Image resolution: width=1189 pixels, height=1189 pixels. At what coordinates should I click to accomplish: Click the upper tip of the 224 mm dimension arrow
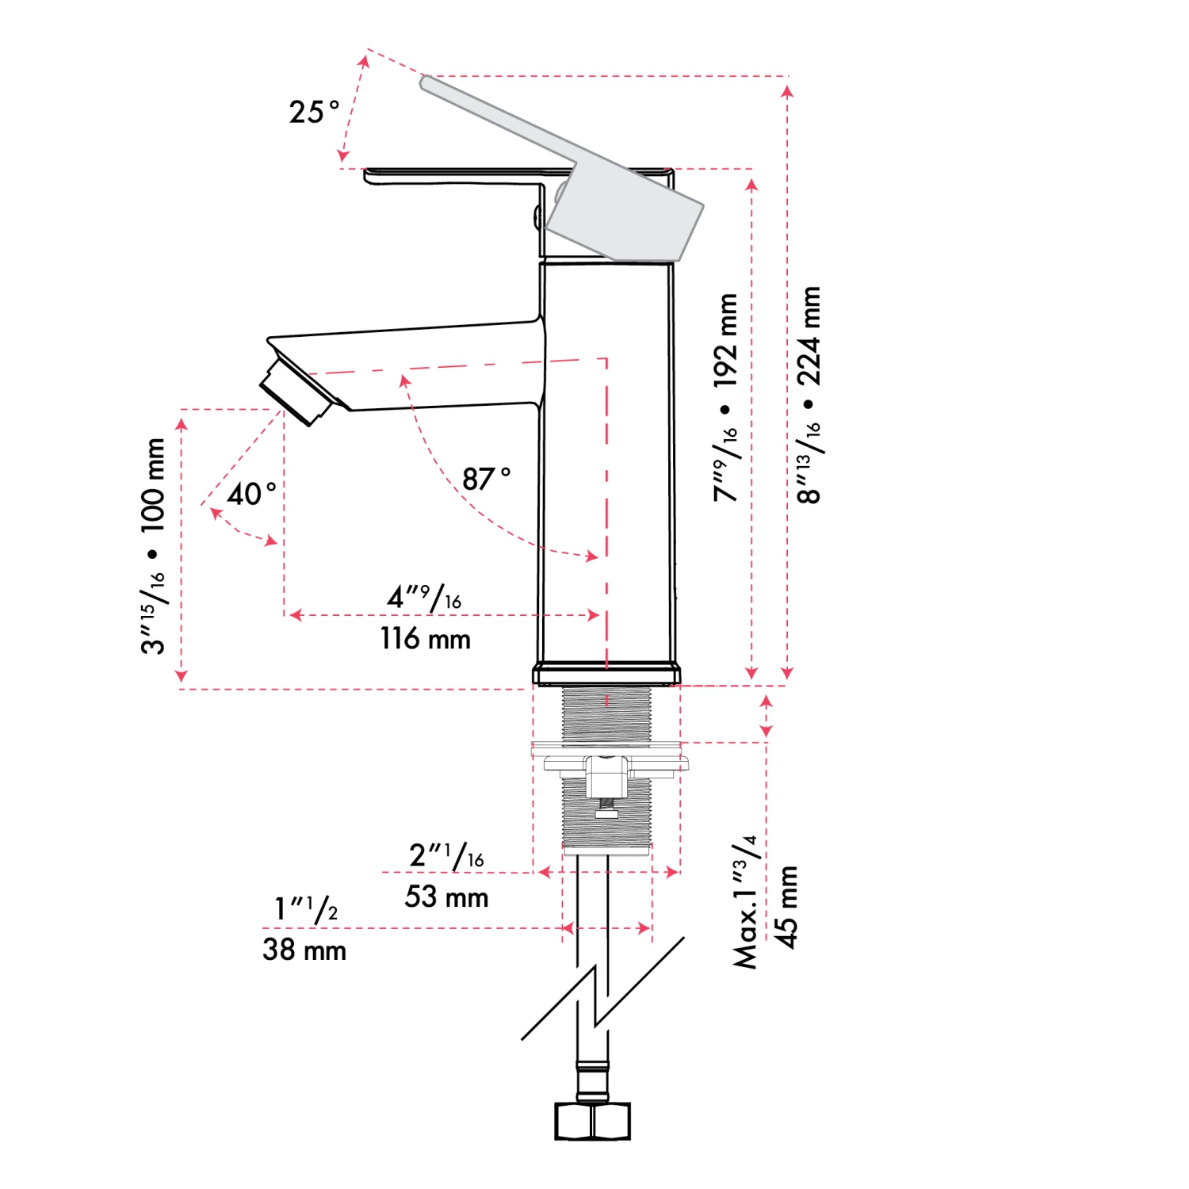click(787, 86)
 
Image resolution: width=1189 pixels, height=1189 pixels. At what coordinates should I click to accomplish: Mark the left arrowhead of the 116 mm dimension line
click(290, 614)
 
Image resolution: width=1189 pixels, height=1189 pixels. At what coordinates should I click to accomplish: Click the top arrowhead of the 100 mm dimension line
click(182, 419)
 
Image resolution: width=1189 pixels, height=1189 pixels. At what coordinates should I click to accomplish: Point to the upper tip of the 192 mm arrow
click(751, 179)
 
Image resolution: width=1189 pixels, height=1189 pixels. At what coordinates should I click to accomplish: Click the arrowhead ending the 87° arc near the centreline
click(598, 558)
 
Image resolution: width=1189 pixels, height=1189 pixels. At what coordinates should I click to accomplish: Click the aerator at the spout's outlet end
click(295, 392)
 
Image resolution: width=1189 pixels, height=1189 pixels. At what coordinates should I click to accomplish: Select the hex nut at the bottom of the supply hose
click(592, 1121)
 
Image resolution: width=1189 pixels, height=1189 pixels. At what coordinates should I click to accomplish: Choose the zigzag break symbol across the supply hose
click(602, 989)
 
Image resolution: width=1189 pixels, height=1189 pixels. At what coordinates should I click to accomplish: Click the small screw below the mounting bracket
click(606, 810)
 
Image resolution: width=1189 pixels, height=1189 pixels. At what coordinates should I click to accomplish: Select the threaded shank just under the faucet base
click(606, 715)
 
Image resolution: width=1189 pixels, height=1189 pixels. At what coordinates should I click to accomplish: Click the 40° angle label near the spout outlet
click(252, 494)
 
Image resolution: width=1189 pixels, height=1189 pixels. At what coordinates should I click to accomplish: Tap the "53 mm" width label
click(446, 897)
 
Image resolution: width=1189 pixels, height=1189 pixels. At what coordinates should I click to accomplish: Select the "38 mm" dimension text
click(304, 950)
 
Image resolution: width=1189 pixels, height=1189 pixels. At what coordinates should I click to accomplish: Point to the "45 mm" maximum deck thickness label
click(786, 907)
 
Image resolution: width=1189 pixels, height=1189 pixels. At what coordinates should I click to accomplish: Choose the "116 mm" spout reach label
click(426, 639)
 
